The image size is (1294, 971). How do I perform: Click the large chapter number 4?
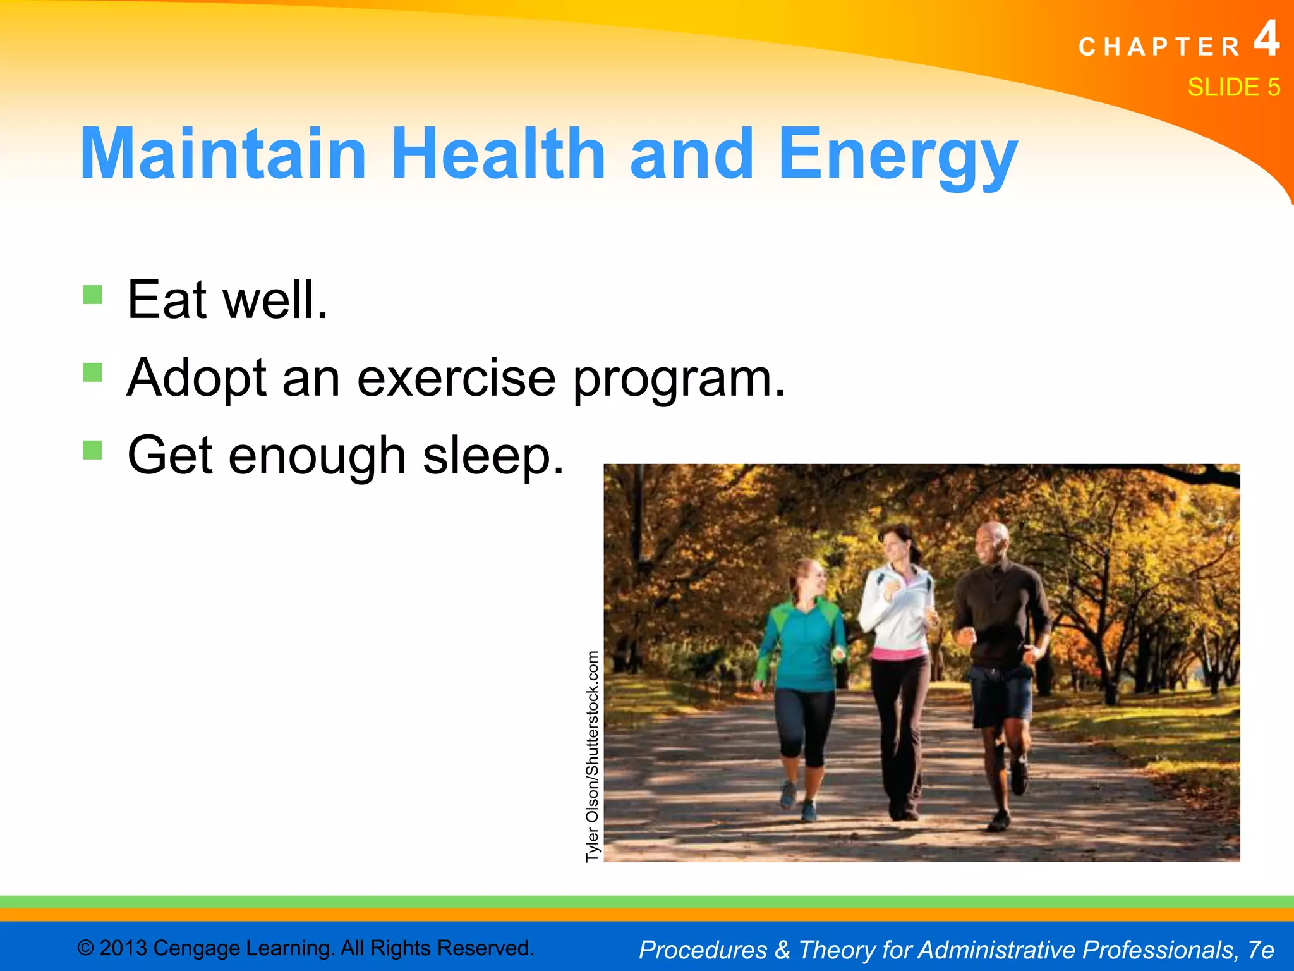[x=1266, y=39]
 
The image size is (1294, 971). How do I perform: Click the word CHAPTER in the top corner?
[x=1160, y=47]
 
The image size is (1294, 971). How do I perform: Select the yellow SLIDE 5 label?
[x=1233, y=87]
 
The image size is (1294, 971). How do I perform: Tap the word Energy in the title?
[x=897, y=156]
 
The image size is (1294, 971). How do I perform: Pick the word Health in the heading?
[x=499, y=154]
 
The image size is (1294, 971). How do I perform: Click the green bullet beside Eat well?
[x=92, y=295]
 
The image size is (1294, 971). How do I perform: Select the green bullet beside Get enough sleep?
[x=92, y=450]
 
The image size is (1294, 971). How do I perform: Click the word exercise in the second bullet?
[x=456, y=378]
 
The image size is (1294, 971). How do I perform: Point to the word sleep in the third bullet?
[x=492, y=457]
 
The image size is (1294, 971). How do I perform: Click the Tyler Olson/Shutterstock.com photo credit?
[x=592, y=756]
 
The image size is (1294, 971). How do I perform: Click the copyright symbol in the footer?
[x=85, y=948]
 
